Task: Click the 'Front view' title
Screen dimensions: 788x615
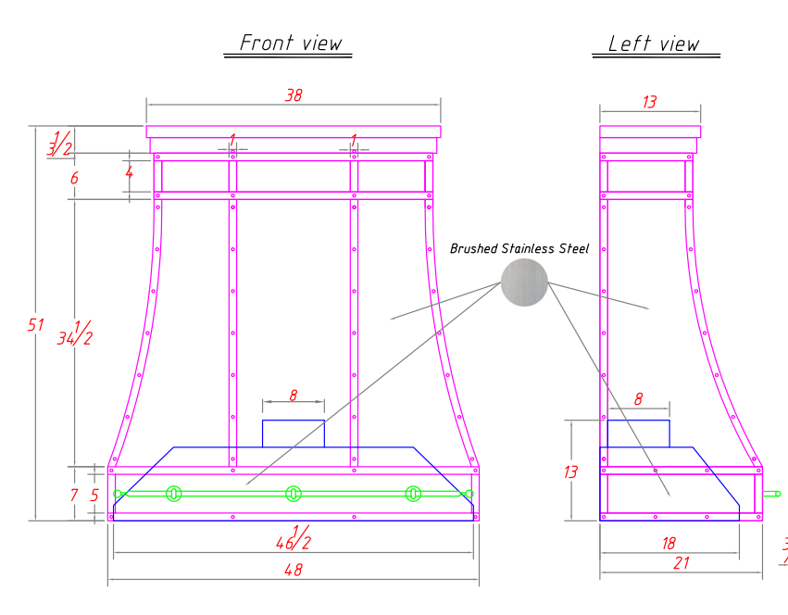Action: [x=291, y=43]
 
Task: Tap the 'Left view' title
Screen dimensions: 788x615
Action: [x=654, y=44]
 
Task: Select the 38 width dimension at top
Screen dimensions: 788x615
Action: [x=294, y=95]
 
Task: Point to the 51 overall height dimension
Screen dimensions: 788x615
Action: [x=36, y=325]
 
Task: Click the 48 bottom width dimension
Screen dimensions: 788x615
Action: [x=294, y=570]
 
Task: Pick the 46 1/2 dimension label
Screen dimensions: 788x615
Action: [x=294, y=538]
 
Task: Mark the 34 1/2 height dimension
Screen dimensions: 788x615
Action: [x=75, y=333]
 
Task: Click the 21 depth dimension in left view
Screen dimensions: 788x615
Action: [x=681, y=563]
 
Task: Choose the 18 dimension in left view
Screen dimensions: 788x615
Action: [x=669, y=544]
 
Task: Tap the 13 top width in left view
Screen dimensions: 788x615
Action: [x=649, y=102]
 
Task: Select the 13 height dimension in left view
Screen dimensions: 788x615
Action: [x=570, y=471]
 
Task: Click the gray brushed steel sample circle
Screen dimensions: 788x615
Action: [x=524, y=282]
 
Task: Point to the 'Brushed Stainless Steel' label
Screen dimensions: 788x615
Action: [x=519, y=248]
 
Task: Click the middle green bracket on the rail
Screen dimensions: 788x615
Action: [x=293, y=494]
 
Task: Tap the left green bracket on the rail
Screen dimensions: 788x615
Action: [x=173, y=494]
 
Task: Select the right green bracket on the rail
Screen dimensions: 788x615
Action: [x=413, y=494]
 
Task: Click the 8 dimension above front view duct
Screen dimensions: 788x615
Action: [x=294, y=395]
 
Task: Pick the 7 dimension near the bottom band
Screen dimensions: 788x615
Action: [x=74, y=495]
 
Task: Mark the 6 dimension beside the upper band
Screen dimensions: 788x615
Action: [x=74, y=178]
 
